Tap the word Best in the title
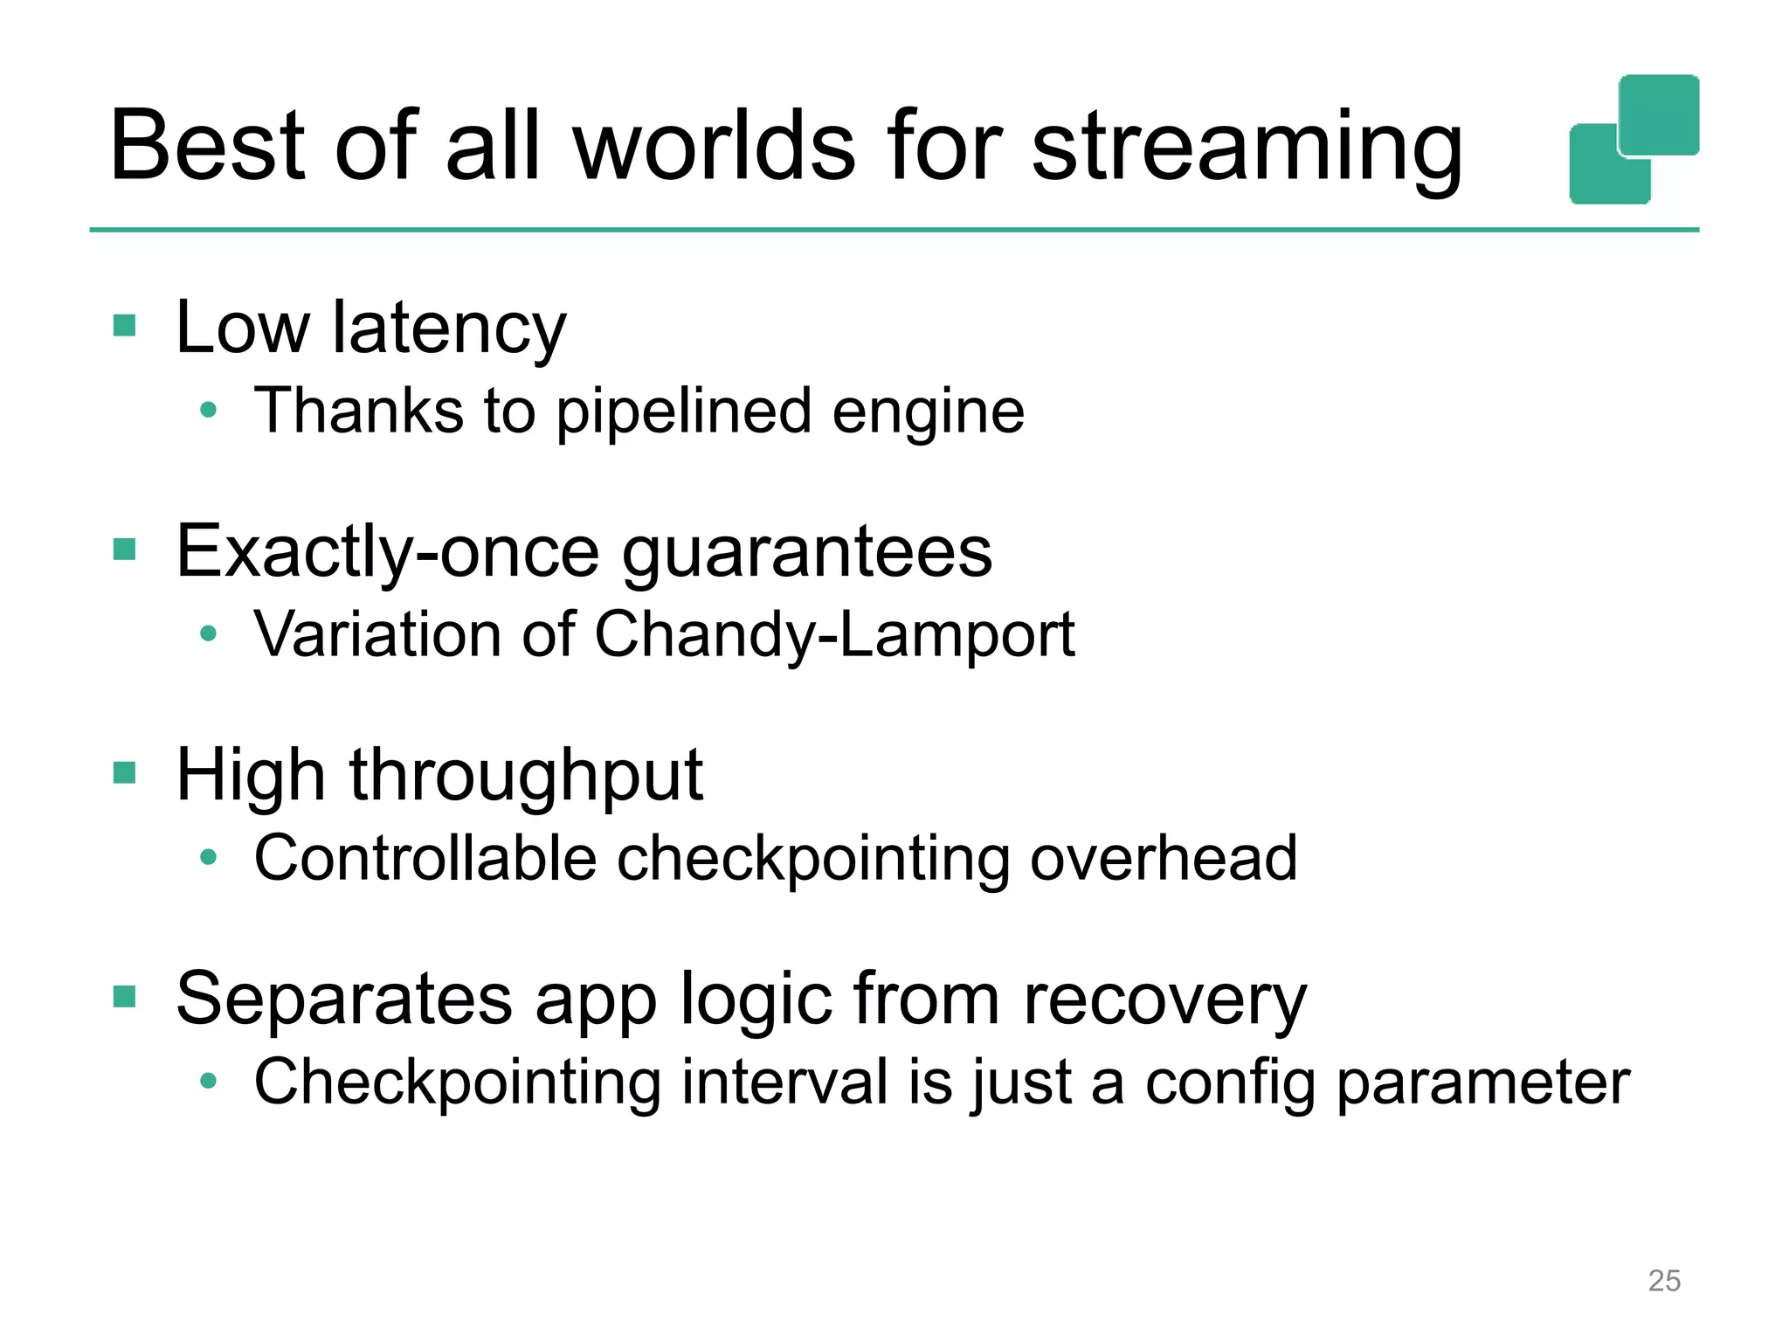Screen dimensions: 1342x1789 coord(208,146)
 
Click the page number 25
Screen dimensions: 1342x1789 coord(1664,1281)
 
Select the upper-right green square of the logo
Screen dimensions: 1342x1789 coord(1659,114)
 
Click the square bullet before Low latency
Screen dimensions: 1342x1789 coord(125,326)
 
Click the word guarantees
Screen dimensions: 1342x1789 coord(807,554)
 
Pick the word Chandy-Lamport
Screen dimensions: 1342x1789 coord(834,635)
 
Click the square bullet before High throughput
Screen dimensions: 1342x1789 coord(125,773)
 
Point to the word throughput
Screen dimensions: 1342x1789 coord(526,776)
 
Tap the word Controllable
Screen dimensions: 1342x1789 coord(425,858)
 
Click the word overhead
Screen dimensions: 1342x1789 coord(1164,858)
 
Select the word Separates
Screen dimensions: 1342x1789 coord(344,1000)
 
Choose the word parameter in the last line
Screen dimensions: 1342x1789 coord(1483,1083)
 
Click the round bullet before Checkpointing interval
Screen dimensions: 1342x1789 coord(208,1081)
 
